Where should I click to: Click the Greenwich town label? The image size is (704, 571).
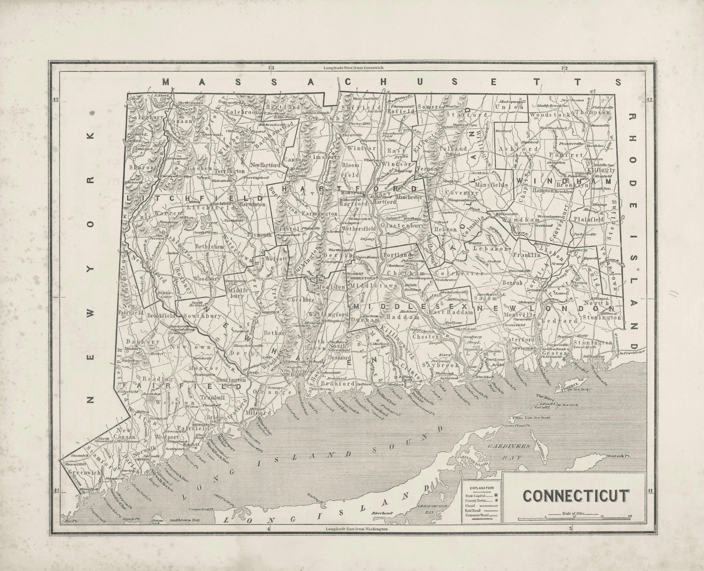pyautogui.click(x=84, y=472)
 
